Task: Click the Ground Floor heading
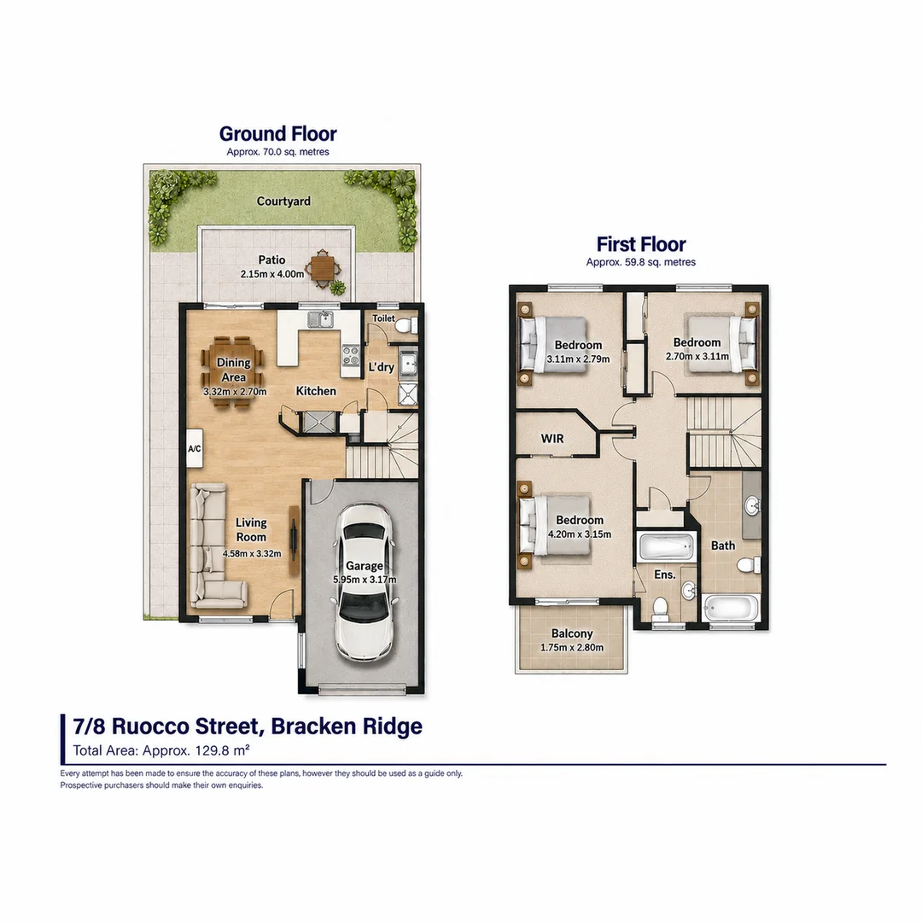tap(277, 134)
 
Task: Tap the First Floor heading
tap(641, 244)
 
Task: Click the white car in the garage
tap(364, 582)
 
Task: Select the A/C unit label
tap(194, 449)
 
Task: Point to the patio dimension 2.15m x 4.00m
tap(272, 274)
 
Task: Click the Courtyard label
tap(283, 201)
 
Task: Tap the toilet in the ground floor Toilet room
tap(406, 325)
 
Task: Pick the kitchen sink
tap(320, 319)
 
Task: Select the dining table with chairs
tap(233, 372)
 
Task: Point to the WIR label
tap(552, 439)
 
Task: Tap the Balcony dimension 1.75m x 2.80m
tap(571, 647)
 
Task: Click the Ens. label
tap(664, 575)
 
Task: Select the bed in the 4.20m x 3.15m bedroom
tap(556, 526)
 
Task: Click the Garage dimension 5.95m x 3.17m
tap(365, 579)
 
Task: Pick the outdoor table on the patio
tap(322, 269)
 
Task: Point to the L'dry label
tap(381, 367)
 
